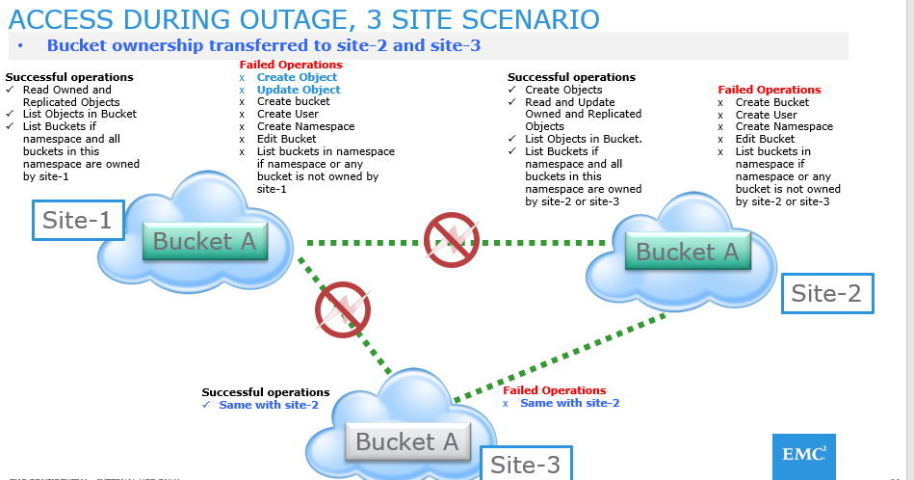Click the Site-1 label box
click(x=77, y=220)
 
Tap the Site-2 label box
click(x=826, y=293)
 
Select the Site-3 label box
click(x=525, y=464)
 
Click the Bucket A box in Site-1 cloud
click(x=204, y=242)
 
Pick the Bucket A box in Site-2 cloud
click(x=687, y=253)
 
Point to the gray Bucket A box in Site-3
click(x=407, y=442)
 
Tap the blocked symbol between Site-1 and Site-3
click(x=343, y=309)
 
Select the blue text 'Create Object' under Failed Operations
click(x=297, y=77)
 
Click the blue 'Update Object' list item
click(x=299, y=90)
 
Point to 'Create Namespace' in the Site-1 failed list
click(x=305, y=126)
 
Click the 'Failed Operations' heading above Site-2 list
click(x=769, y=90)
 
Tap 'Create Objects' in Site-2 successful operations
click(x=563, y=90)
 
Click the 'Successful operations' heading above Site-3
click(x=265, y=392)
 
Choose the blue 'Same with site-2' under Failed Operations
click(x=569, y=403)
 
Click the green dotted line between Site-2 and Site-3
click(x=559, y=357)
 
